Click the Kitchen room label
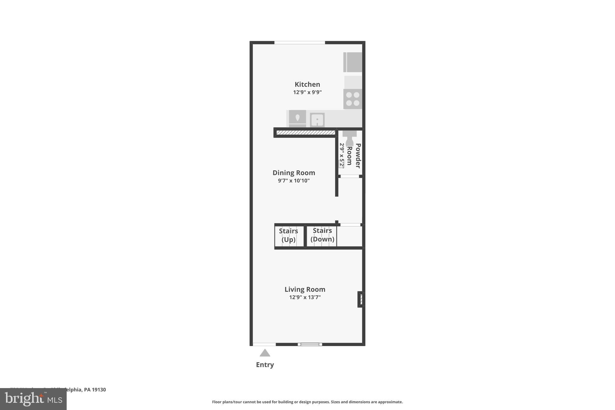point(307,84)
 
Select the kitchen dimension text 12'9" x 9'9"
point(307,92)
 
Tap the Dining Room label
point(294,173)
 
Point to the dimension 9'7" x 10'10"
point(294,181)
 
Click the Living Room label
point(305,289)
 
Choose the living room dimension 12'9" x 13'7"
point(305,297)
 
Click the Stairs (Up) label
point(288,235)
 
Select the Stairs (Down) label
point(322,235)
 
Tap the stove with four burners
point(353,99)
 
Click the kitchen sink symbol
point(317,120)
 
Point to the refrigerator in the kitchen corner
point(353,62)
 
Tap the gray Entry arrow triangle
point(265,353)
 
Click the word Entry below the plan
point(265,365)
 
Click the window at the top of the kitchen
point(299,43)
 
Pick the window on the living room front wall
point(310,345)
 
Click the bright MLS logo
point(33,399)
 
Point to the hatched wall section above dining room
point(305,132)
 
